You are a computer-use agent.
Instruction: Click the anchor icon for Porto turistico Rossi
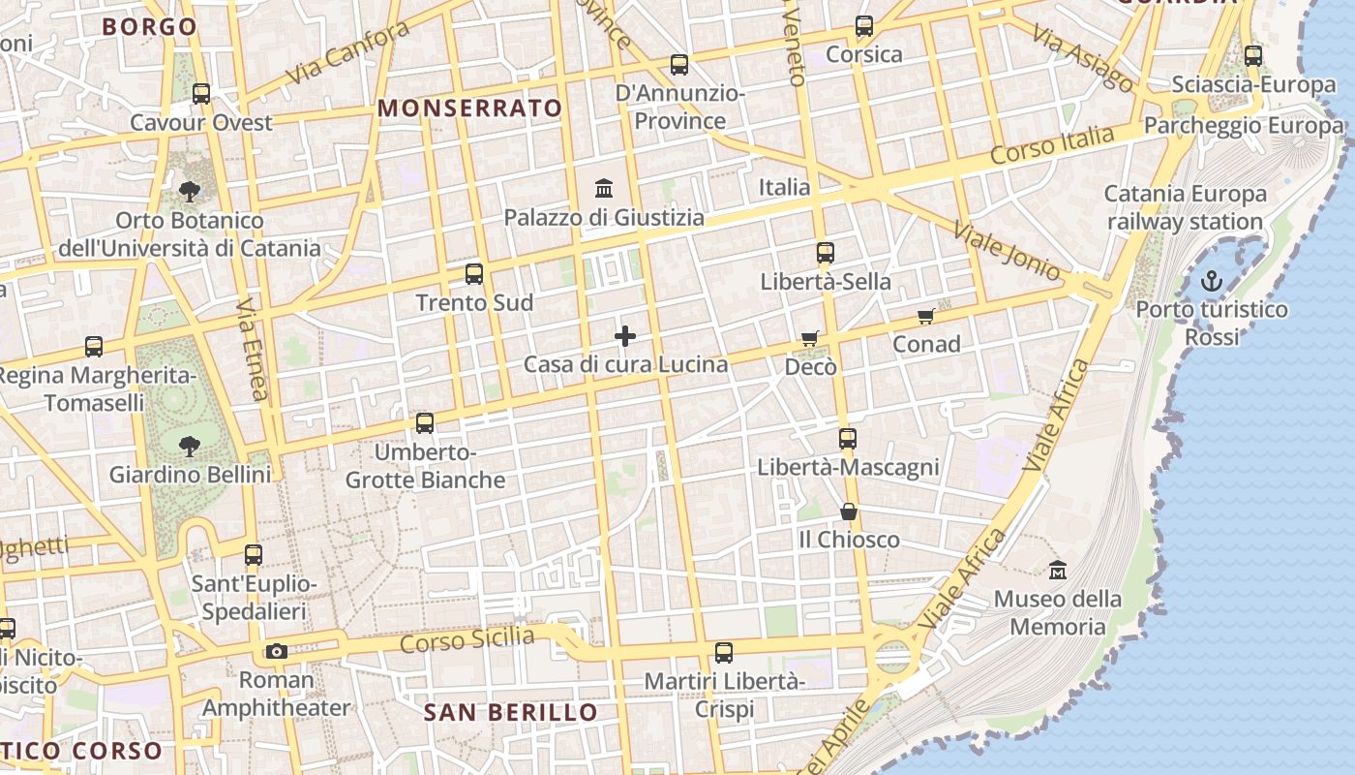pyautogui.click(x=1211, y=281)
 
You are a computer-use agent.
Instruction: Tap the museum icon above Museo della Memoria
pyautogui.click(x=1057, y=570)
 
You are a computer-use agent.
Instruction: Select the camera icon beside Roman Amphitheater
pyautogui.click(x=277, y=651)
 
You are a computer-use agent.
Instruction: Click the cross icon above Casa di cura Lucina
pyautogui.click(x=625, y=336)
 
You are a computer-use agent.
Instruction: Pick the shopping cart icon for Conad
pyautogui.click(x=926, y=316)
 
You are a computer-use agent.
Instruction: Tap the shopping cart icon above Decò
pyautogui.click(x=810, y=338)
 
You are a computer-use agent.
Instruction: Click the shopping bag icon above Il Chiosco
pyautogui.click(x=849, y=511)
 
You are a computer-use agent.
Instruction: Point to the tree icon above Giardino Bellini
pyautogui.click(x=190, y=446)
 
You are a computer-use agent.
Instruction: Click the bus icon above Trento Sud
pyautogui.click(x=474, y=274)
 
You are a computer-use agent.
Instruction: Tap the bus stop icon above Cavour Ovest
pyautogui.click(x=201, y=94)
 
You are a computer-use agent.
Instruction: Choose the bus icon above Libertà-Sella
pyautogui.click(x=826, y=253)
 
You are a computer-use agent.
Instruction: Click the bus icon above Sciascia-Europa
pyautogui.click(x=1253, y=56)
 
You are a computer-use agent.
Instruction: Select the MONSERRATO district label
pyautogui.click(x=469, y=108)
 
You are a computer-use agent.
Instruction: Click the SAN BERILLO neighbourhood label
pyautogui.click(x=511, y=713)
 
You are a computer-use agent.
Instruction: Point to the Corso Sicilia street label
pyautogui.click(x=467, y=639)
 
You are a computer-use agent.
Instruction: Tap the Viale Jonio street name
pyautogui.click(x=1006, y=250)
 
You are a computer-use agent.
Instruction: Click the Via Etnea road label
pyautogui.click(x=252, y=348)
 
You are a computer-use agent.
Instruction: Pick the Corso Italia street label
pyautogui.click(x=1052, y=146)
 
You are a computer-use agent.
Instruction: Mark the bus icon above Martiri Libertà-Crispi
pyautogui.click(x=724, y=653)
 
